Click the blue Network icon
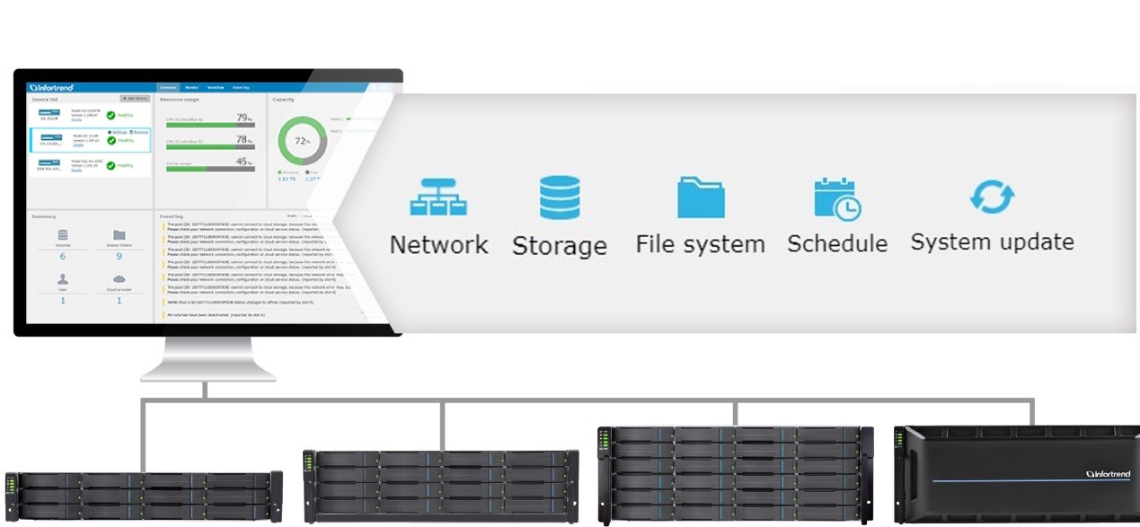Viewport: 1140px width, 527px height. (438, 197)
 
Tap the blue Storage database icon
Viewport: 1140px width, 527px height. (560, 198)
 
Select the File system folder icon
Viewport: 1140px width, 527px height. (701, 197)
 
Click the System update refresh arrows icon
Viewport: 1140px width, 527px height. (992, 197)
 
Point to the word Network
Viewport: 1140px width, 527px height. (438, 244)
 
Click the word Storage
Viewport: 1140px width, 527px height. (560, 246)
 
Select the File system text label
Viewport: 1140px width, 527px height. (701, 244)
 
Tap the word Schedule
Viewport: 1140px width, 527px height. (837, 243)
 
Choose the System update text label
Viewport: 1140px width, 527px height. (992, 242)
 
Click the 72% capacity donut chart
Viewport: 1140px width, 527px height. (302, 141)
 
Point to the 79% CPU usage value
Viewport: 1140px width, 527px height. (243, 118)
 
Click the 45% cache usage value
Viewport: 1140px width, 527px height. (243, 162)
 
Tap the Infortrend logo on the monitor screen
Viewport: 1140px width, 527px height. (51, 88)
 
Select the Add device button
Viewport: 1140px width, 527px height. (135, 99)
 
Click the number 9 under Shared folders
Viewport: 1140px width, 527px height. (119, 256)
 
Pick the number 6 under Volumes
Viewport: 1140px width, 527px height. (63, 256)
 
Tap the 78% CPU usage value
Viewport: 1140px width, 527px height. (243, 140)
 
